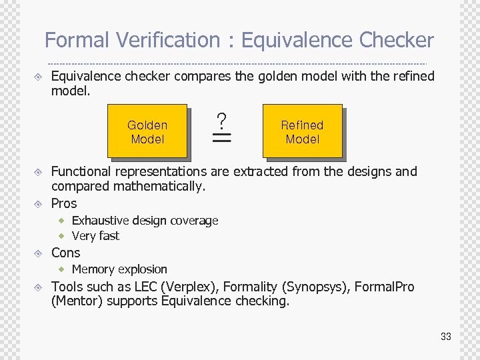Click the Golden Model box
(147, 132)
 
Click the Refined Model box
(302, 132)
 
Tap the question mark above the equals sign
(221, 121)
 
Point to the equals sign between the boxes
(221, 138)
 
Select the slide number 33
(445, 337)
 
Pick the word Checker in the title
(396, 41)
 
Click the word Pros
(64, 203)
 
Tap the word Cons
(65, 253)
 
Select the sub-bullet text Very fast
(95, 235)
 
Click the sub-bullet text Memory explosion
(119, 269)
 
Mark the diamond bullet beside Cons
(39, 253)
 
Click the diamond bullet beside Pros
(39, 204)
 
